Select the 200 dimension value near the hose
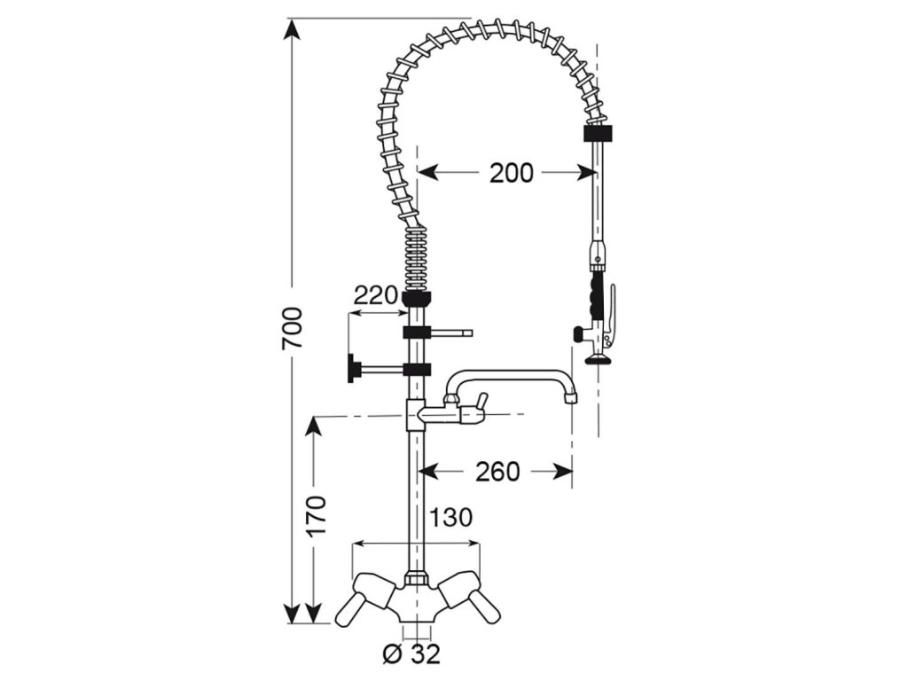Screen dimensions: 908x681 click(512, 172)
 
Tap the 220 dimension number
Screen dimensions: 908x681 click(376, 295)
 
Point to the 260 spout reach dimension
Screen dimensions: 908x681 click(497, 471)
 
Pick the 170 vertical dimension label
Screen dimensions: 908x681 click(317, 521)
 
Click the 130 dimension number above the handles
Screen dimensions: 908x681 click(450, 517)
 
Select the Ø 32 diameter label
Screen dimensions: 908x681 click(411, 654)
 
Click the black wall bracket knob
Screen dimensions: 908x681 click(355, 368)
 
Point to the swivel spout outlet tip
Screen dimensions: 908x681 click(571, 398)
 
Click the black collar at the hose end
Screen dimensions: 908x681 click(600, 135)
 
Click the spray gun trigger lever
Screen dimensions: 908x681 click(612, 310)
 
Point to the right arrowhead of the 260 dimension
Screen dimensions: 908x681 click(564, 471)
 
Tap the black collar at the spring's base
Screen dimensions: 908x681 click(416, 298)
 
